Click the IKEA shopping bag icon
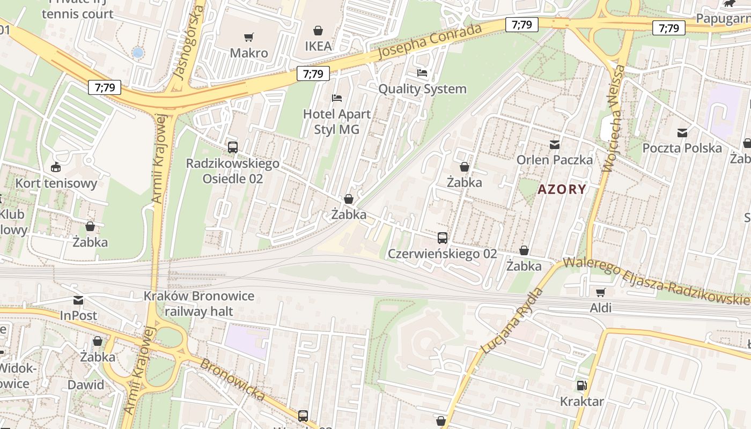pos(318,31)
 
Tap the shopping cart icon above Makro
pos(248,38)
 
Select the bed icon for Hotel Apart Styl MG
pos(337,98)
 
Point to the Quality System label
pos(422,88)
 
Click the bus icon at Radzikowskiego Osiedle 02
pos(232,147)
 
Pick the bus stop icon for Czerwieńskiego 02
pos(442,238)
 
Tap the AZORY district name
pos(562,189)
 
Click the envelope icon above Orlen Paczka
pos(554,144)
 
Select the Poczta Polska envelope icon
pos(682,132)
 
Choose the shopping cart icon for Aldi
pos(600,292)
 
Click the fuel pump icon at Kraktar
pos(581,386)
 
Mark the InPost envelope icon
pos(78,300)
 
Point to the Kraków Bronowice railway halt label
pos(198,304)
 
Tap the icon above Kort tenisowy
pos(56,167)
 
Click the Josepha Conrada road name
pos(430,42)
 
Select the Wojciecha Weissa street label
pos(614,118)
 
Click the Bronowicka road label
pos(232,379)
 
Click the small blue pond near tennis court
pos(138,53)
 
